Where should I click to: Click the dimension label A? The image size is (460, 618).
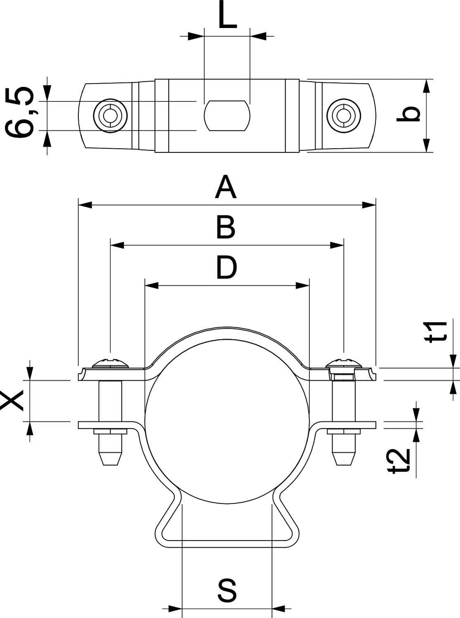point(226,187)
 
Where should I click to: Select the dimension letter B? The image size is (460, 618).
point(226,227)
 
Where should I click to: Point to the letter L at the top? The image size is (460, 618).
point(227,16)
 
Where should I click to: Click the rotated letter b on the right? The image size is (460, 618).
point(408,115)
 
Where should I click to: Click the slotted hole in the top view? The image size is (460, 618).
point(227,116)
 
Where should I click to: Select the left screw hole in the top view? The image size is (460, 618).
point(110,115)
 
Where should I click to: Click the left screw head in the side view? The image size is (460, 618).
point(111,363)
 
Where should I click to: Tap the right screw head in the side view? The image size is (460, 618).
point(343,363)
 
